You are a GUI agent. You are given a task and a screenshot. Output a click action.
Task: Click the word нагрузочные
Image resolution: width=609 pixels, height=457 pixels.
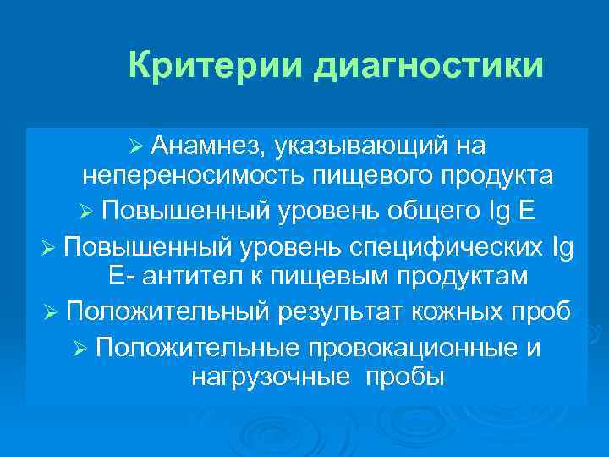[x=269, y=377]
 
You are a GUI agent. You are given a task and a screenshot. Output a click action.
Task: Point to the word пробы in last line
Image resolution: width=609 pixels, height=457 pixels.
[x=403, y=377]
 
